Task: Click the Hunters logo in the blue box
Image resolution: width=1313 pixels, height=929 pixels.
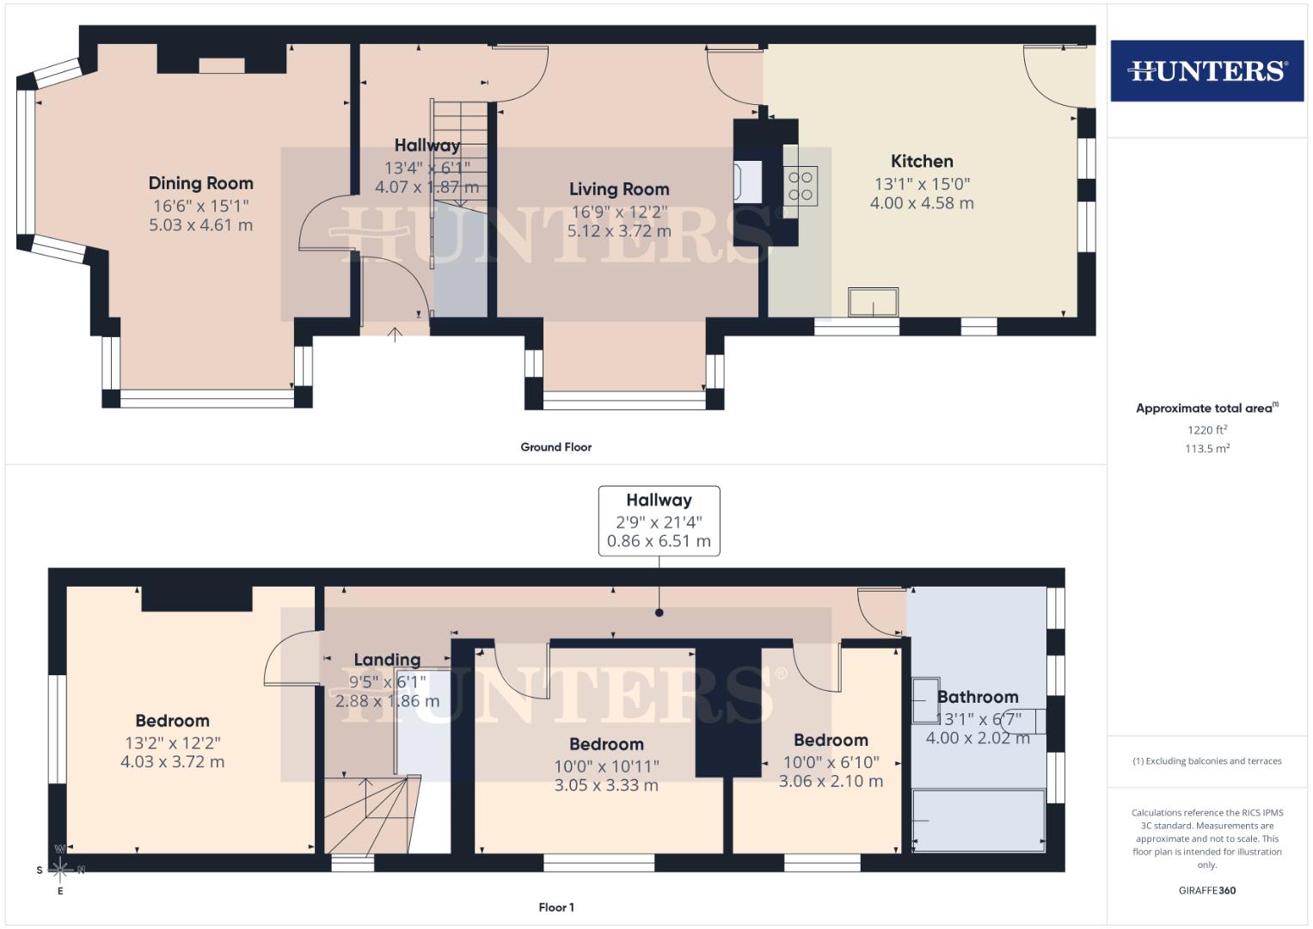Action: (x=1206, y=71)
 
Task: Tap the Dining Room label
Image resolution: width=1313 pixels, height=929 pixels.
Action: (x=200, y=183)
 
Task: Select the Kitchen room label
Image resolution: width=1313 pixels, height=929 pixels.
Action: (x=922, y=161)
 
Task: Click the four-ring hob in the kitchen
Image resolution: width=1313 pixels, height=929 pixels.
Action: (x=801, y=186)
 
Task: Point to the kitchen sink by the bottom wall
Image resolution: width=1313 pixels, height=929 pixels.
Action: (x=874, y=303)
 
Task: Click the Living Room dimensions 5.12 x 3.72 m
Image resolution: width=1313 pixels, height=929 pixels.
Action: (x=619, y=231)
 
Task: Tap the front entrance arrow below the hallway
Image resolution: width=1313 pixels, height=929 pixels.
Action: (x=396, y=335)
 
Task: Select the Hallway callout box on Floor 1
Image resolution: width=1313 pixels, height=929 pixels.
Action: (x=659, y=520)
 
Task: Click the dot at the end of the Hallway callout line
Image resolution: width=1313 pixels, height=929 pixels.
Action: (x=660, y=613)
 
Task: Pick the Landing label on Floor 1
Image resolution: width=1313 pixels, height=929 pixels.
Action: (x=387, y=660)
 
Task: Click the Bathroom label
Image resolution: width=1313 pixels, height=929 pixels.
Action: (x=978, y=697)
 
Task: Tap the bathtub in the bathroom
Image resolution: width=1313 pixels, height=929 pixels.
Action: (x=979, y=820)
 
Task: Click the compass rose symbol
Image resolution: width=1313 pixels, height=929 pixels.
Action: (x=60, y=869)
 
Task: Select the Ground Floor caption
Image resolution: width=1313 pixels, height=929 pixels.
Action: (x=555, y=447)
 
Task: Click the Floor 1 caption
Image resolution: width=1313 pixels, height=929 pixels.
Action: (x=555, y=907)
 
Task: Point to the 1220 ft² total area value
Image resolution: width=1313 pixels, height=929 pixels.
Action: (x=1207, y=430)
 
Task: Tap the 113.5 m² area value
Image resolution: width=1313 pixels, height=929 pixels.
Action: (x=1207, y=448)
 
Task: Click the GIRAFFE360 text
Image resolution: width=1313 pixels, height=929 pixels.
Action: (x=1207, y=890)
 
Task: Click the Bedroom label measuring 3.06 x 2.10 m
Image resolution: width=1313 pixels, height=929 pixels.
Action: (x=831, y=740)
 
